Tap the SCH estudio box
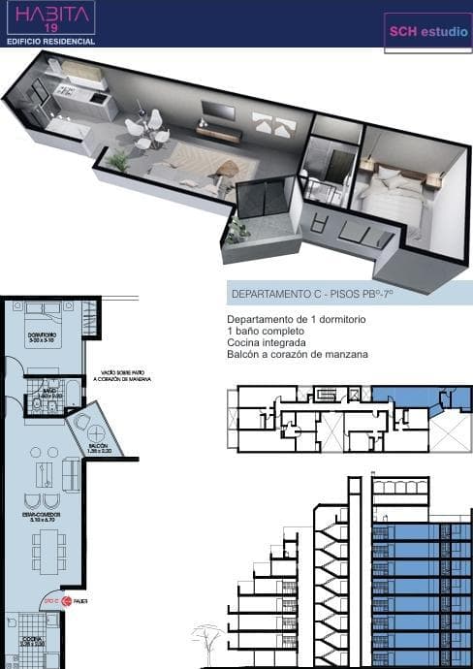point(427,32)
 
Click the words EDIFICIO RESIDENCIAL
point(50,43)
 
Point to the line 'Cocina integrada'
point(267,343)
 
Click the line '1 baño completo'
point(266,332)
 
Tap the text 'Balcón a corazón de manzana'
point(298,355)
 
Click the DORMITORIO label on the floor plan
point(41,335)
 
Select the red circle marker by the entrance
point(67,601)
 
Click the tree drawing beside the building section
point(205,642)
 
